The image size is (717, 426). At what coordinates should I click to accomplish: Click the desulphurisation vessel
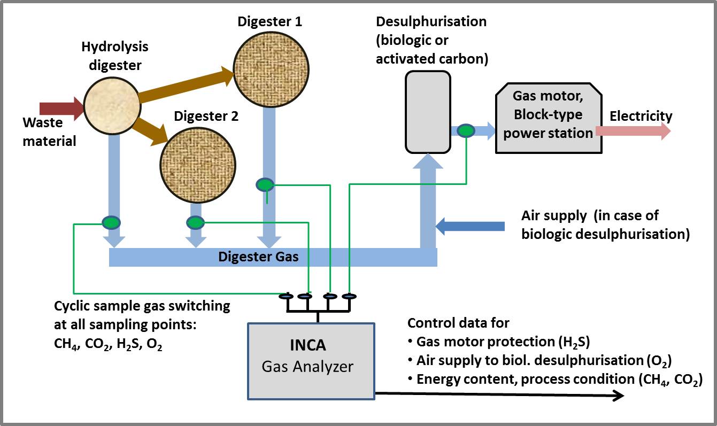coord(427,112)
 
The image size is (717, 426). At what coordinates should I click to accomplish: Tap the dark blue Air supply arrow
coord(470,226)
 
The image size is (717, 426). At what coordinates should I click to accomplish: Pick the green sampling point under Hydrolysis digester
coord(111,222)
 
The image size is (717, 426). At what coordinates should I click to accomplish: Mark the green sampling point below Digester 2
coord(195,222)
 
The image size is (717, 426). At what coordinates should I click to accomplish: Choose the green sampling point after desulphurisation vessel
coord(466,130)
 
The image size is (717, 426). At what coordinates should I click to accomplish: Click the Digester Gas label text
coord(258,257)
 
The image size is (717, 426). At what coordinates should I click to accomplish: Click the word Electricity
coord(641,116)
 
